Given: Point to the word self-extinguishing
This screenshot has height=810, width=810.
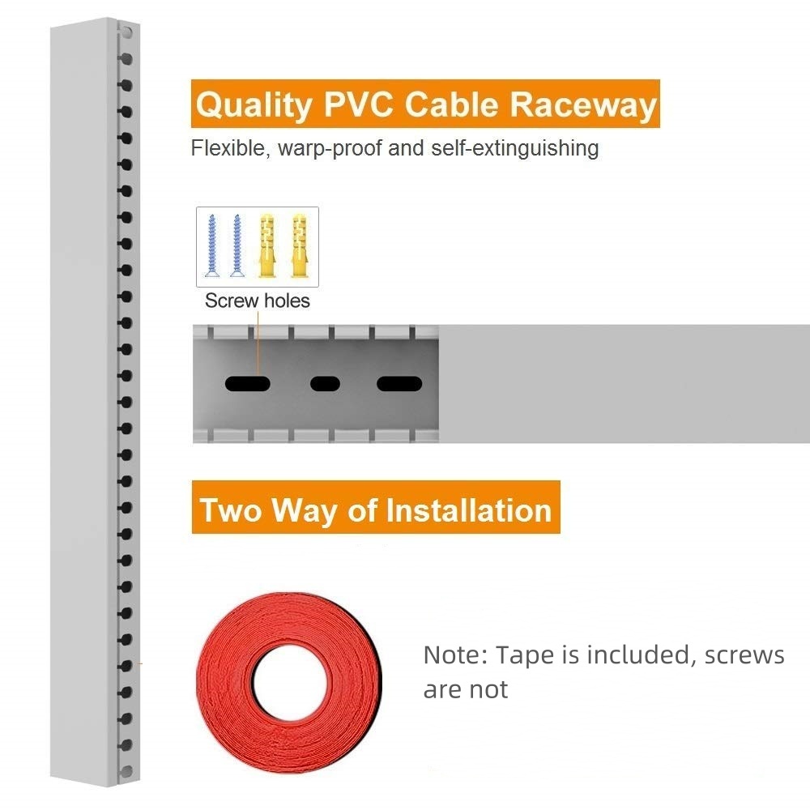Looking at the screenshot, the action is (515, 148).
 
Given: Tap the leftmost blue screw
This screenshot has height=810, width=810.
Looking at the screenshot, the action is (211, 245).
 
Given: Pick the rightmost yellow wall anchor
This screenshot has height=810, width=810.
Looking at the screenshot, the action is (299, 245).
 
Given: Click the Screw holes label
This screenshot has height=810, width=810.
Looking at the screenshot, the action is (258, 301).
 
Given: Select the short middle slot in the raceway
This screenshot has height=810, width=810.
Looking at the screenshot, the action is (325, 384).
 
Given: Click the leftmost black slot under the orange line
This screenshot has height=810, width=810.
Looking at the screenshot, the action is (247, 384).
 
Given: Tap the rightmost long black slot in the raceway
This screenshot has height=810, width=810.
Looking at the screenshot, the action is (399, 384).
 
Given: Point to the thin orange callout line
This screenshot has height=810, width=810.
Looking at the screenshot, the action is (258, 343).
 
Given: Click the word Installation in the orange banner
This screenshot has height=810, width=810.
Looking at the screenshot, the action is (469, 510).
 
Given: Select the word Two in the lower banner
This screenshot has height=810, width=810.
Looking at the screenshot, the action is (230, 510).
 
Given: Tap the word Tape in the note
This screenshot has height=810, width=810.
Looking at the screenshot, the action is (525, 655).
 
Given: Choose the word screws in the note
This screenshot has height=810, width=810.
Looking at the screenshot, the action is (744, 655).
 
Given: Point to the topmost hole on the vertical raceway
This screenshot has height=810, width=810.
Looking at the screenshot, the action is (126, 33).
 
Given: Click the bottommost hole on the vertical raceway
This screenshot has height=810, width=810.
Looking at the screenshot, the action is (126, 772).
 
